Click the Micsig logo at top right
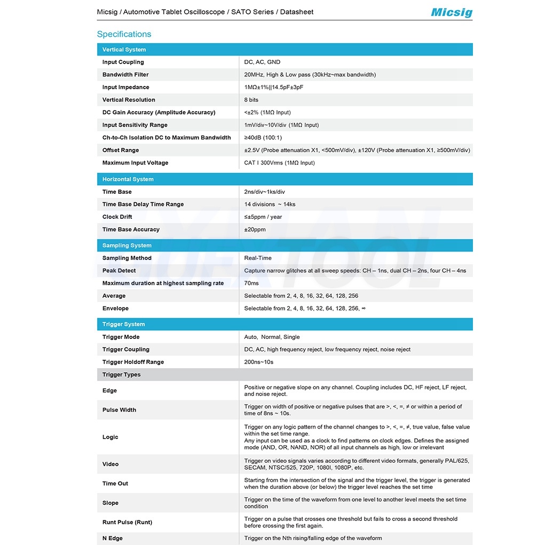[451, 12]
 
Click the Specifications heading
[124, 34]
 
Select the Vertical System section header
[124, 50]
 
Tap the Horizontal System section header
[128, 179]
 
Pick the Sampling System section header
[127, 246]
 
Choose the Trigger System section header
[123, 325]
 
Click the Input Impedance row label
[125, 88]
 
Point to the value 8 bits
[251, 100]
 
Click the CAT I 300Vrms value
[279, 163]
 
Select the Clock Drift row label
[117, 217]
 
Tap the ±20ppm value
[255, 230]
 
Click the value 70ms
[251, 283]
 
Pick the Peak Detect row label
[119, 271]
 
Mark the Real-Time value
[257, 258]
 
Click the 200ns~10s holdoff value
[258, 362]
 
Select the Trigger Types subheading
[121, 375]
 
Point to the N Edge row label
[112, 538]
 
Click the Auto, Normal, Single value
[272, 337]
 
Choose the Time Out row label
[115, 484]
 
